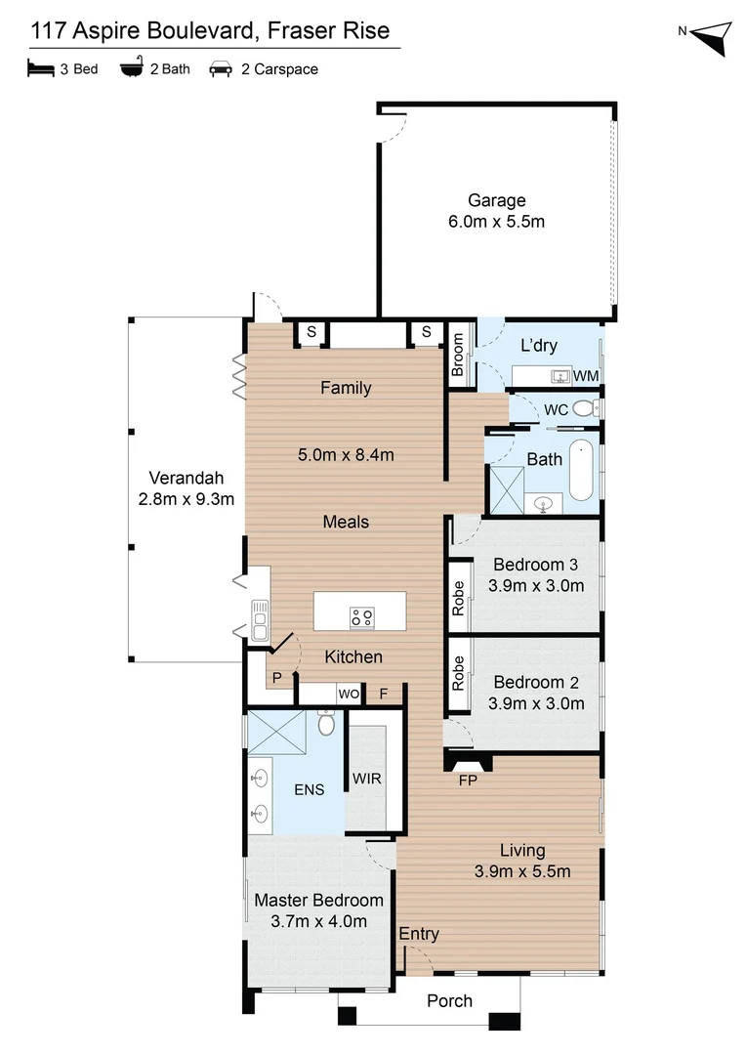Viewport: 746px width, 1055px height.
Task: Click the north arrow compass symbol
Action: tap(710, 38)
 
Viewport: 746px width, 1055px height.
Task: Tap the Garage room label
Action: tap(496, 201)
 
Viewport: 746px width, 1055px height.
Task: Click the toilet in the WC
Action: tap(583, 409)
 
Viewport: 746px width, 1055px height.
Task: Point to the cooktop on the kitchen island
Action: tap(361, 616)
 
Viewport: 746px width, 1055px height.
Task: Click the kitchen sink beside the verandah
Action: tap(260, 619)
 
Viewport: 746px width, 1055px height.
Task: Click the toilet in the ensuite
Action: tap(326, 724)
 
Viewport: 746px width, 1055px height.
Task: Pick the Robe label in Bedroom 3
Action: tap(458, 598)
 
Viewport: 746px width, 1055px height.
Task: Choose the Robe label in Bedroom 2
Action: tap(458, 674)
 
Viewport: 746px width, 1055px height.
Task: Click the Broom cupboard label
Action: tap(458, 356)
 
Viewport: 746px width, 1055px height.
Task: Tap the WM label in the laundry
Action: tap(586, 376)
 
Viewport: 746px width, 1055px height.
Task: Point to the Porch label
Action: tap(450, 1000)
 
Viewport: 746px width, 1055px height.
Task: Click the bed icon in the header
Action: tap(40, 68)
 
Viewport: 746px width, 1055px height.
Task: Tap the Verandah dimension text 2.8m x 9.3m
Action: tap(186, 499)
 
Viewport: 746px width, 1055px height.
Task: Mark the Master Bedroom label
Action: tap(318, 900)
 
